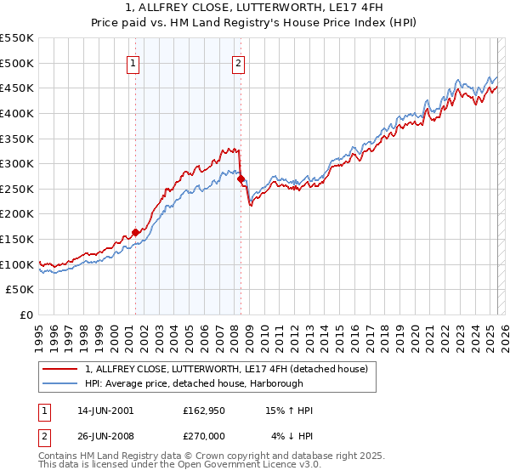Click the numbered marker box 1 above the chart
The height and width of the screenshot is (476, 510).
point(135,62)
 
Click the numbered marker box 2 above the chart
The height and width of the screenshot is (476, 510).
point(239,62)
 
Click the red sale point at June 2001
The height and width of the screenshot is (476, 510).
point(135,232)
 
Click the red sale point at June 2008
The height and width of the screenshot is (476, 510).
point(241,178)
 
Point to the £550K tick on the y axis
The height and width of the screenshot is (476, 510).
point(18,38)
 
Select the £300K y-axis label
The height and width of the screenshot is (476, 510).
point(18,163)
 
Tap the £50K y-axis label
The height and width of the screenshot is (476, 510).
point(21,290)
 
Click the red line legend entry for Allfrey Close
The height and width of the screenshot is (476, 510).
point(226,369)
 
